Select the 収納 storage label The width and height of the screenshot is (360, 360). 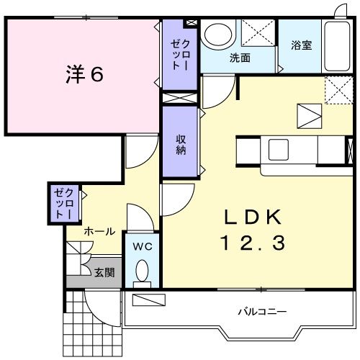tap(180, 143)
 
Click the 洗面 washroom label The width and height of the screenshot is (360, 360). tap(240, 58)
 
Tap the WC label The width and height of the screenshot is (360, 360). tap(141, 246)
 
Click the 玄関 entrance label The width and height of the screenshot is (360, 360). tap(103, 273)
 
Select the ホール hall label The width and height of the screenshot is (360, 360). tap(99, 231)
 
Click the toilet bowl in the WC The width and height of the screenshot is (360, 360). tap(142, 271)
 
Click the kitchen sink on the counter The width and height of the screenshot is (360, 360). tap(279, 150)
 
